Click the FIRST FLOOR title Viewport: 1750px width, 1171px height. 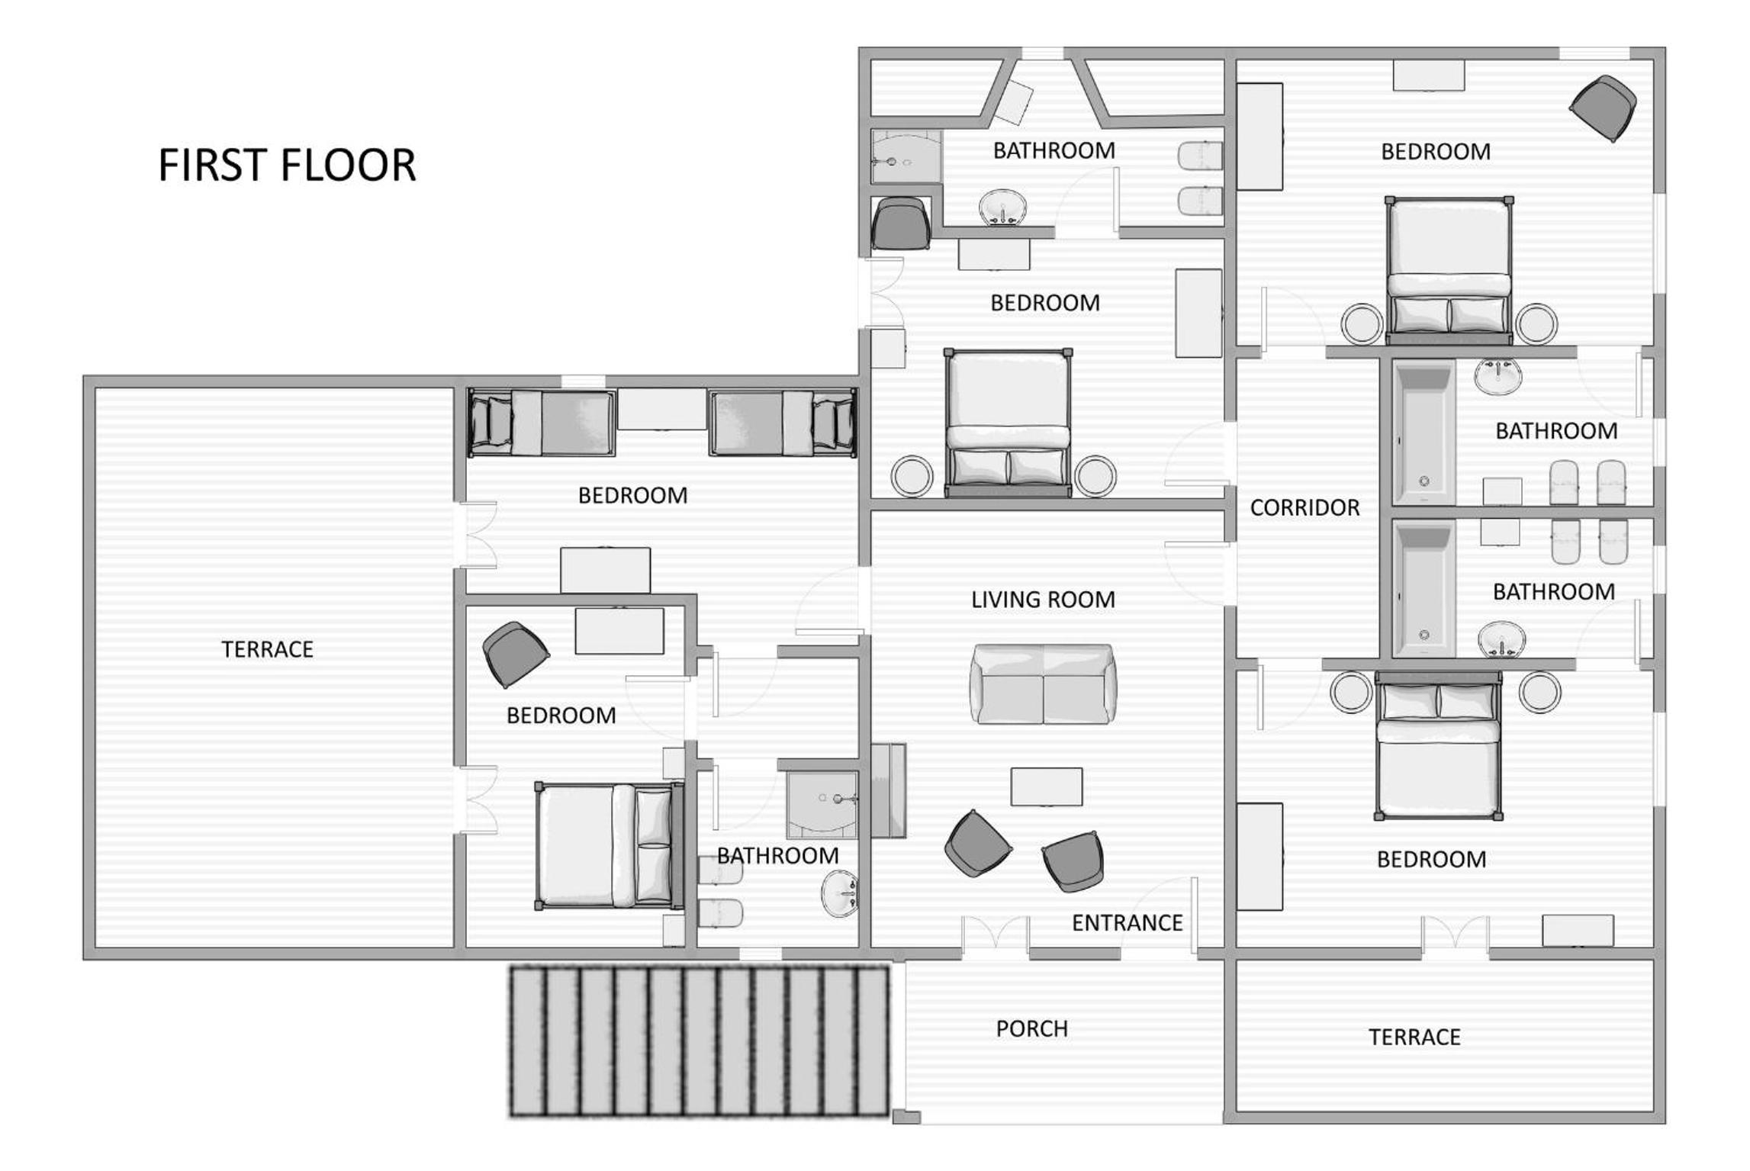point(287,165)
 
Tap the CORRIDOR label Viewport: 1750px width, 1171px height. point(1304,508)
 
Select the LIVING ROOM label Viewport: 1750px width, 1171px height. point(1043,600)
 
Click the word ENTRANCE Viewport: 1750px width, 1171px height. point(1127,923)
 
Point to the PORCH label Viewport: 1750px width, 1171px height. point(1031,1029)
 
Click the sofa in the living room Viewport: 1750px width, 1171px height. point(1043,684)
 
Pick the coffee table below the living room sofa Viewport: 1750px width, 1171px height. point(1046,787)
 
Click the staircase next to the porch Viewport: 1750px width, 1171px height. point(700,1041)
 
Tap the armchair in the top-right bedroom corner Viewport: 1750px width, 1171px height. point(1603,108)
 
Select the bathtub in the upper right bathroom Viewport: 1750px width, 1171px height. point(1423,432)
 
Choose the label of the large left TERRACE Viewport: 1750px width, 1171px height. point(267,649)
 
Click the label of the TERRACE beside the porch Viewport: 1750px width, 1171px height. point(1414,1037)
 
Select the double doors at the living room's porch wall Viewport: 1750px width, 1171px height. point(995,937)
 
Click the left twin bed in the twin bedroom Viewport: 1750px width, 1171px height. point(542,423)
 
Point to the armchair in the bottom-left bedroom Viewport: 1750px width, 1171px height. point(516,655)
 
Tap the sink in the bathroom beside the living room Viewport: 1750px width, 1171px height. point(840,893)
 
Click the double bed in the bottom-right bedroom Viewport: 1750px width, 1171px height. point(1439,745)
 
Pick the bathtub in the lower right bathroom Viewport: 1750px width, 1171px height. point(1423,589)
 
